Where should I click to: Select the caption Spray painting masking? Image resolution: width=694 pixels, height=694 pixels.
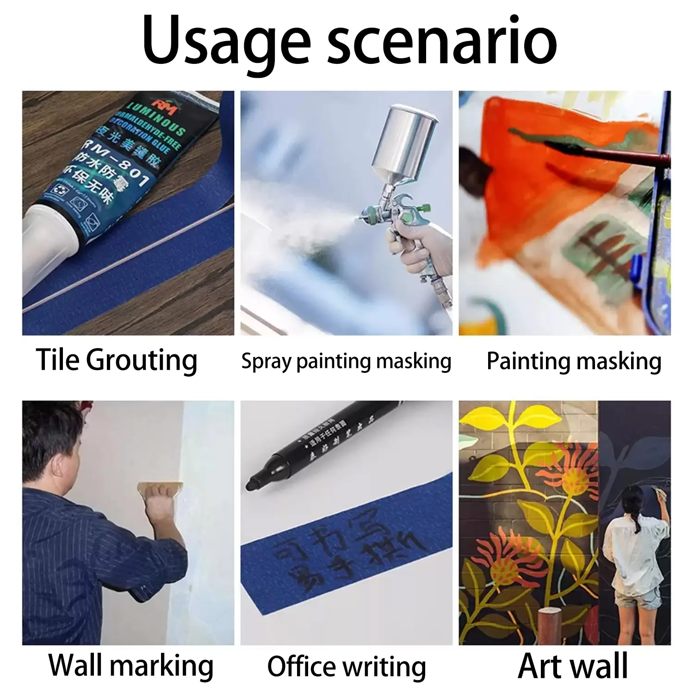[346, 361]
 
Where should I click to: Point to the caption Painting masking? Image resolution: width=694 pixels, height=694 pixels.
[574, 361]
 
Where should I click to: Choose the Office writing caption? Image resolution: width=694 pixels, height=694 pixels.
[347, 667]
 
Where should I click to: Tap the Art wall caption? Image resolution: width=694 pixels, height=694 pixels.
[573, 666]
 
